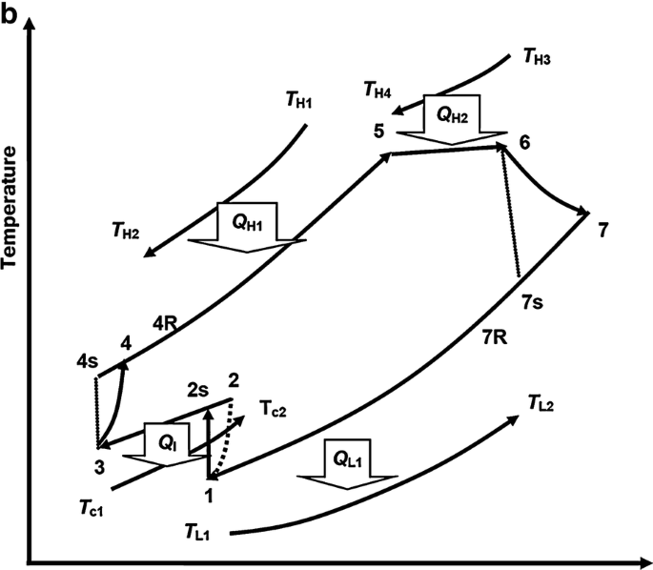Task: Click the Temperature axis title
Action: [10, 208]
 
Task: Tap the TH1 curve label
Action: [299, 98]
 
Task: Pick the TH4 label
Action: [378, 92]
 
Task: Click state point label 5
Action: [378, 132]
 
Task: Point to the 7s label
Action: [535, 302]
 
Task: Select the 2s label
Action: [197, 390]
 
